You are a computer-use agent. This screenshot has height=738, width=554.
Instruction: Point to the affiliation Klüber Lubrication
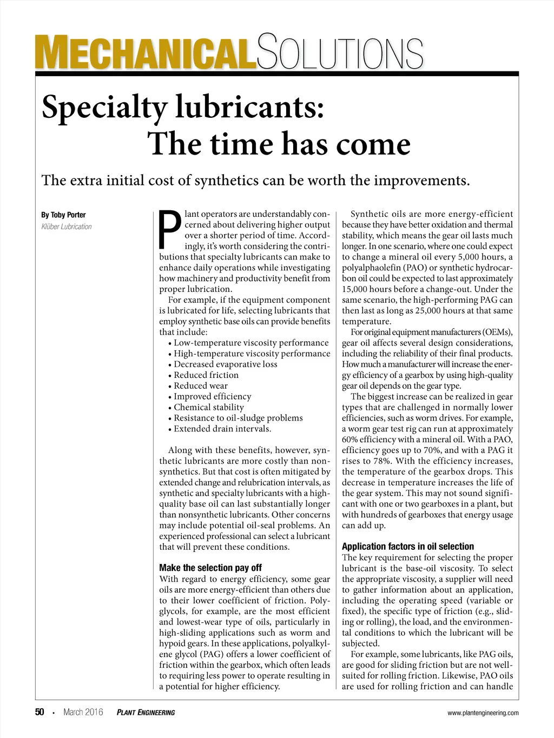click(x=67, y=227)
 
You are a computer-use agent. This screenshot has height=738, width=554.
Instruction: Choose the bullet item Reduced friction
click(x=206, y=375)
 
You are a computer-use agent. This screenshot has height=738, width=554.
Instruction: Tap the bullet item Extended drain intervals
click(x=222, y=429)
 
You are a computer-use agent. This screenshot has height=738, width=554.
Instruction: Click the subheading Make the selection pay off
click(x=210, y=568)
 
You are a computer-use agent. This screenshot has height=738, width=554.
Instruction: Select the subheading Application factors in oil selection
click(x=408, y=546)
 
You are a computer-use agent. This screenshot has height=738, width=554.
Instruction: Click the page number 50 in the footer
click(x=39, y=712)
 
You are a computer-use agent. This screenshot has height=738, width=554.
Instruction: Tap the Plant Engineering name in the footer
click(x=146, y=713)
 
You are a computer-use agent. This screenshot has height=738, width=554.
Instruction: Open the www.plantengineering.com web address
click(x=483, y=713)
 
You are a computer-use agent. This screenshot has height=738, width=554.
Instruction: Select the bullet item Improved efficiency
click(x=212, y=396)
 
